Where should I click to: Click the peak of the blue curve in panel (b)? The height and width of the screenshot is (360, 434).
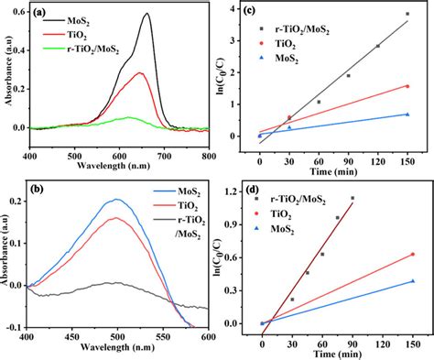[116, 200]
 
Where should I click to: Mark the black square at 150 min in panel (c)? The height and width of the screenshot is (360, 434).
[407, 14]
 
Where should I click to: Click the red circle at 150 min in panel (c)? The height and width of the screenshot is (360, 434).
[407, 86]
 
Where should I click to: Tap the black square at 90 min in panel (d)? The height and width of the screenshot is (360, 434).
[353, 198]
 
